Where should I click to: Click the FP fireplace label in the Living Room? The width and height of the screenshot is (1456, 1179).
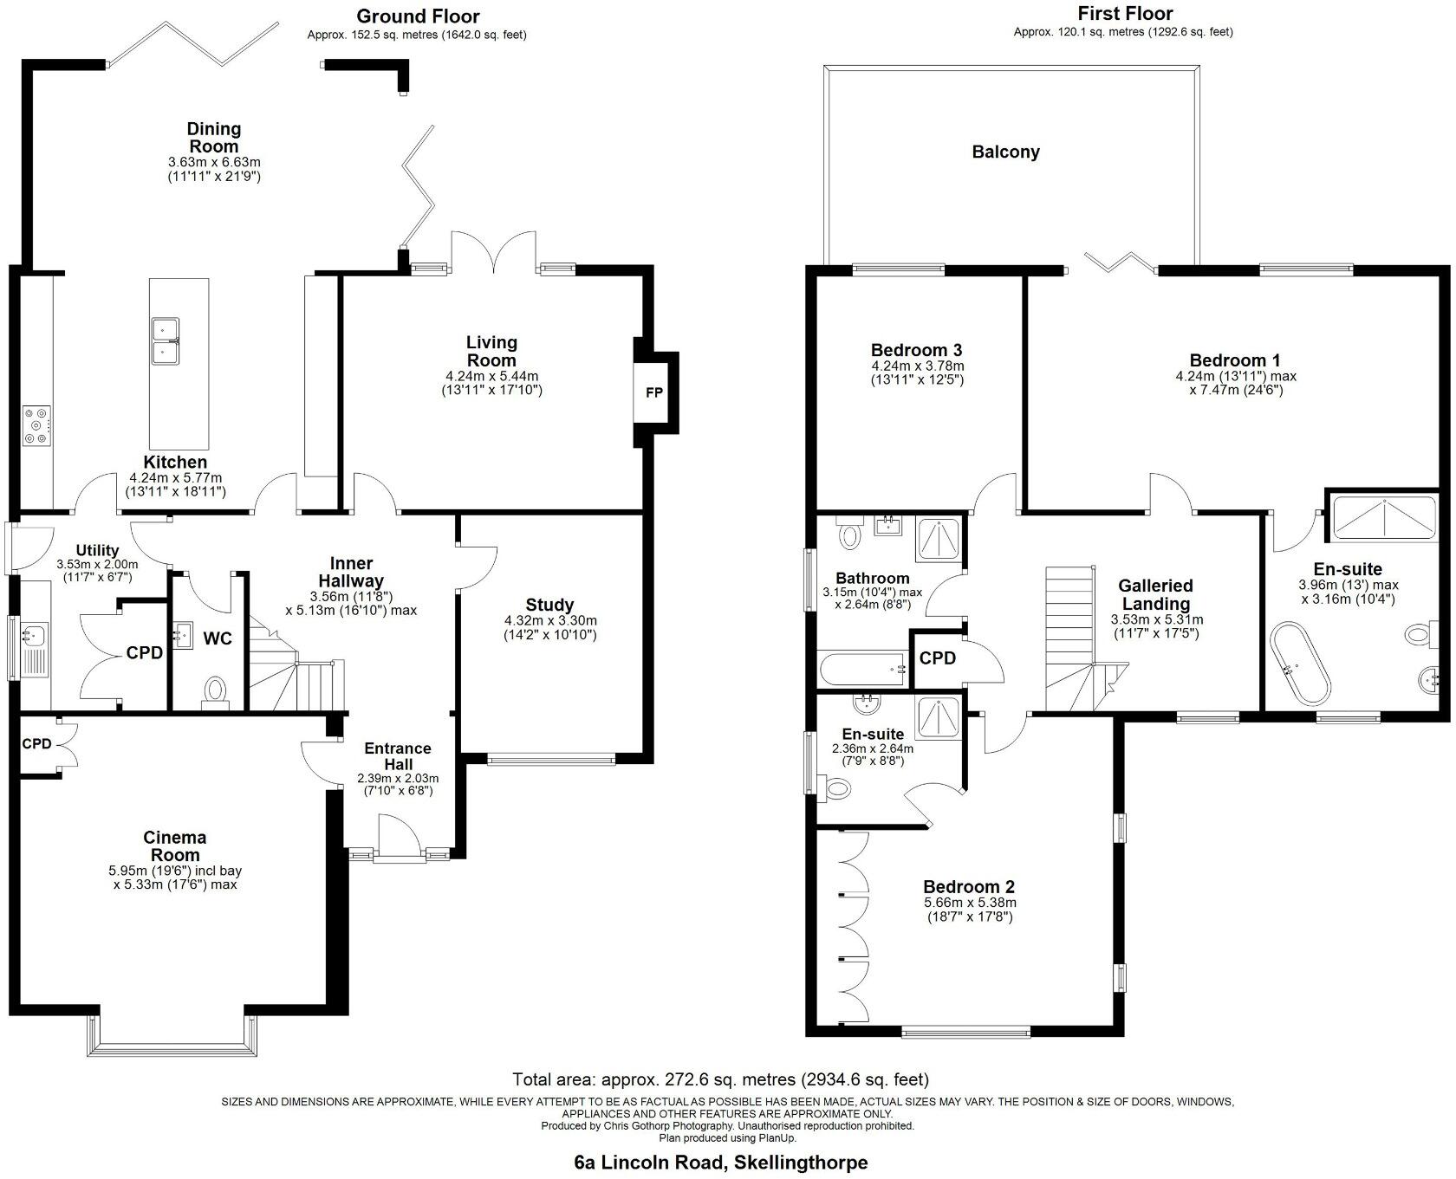coord(653,392)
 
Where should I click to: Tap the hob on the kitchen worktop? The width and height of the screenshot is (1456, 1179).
coord(36,426)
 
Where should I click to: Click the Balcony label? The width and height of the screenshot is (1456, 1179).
coord(1005,152)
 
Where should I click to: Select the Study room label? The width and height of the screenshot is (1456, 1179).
coord(549,605)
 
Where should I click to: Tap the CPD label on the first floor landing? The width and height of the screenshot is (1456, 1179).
coord(937,658)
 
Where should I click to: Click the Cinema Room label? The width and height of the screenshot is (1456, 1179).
coord(175,846)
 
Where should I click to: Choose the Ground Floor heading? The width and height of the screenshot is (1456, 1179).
coord(418,16)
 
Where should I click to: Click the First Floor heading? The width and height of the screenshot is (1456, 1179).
coord(1124,14)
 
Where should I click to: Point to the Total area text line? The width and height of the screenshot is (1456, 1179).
coord(720,1079)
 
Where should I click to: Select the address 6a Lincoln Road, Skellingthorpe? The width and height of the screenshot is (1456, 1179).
coord(720,1163)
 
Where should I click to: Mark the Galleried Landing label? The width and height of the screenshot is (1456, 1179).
coord(1155,594)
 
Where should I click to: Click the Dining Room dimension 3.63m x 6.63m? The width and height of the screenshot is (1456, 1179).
coord(214,162)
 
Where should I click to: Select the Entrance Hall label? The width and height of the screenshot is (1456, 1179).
coord(398,756)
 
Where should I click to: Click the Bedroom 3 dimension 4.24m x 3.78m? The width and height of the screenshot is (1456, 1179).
coord(917,366)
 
